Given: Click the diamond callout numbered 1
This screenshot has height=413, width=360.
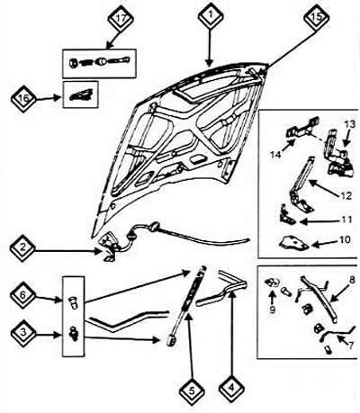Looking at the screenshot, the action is tap(211, 15).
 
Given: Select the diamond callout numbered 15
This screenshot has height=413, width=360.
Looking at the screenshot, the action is tap(317, 17).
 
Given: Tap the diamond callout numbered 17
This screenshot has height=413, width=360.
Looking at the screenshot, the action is tap(121, 19).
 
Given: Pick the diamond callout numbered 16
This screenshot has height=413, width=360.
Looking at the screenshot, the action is tap(23, 98).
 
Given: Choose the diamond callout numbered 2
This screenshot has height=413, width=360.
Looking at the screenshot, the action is tap(22, 249).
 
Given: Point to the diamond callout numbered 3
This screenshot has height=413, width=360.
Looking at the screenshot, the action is tap(23, 333).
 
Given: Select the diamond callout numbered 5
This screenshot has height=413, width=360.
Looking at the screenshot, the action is tap(192, 391).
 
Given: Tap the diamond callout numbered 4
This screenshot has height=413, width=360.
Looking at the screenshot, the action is tap(231, 389).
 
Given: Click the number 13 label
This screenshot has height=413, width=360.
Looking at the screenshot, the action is tap(349, 124).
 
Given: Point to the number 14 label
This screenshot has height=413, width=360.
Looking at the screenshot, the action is tap(275, 155).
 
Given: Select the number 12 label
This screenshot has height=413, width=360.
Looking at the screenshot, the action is tap(346, 195).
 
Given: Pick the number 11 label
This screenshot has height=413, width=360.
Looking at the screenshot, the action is tap(346, 220).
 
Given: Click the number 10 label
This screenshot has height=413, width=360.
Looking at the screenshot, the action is tap(344, 239).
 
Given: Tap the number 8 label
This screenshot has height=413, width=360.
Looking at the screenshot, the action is tap(352, 281).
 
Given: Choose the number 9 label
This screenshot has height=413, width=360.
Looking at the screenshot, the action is tap(273, 310).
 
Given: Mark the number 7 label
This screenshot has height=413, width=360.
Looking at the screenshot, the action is tap(351, 346).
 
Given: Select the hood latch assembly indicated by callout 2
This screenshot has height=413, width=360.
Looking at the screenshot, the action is tap(109, 245).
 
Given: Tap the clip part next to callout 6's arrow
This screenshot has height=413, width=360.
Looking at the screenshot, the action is tap(73, 302).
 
